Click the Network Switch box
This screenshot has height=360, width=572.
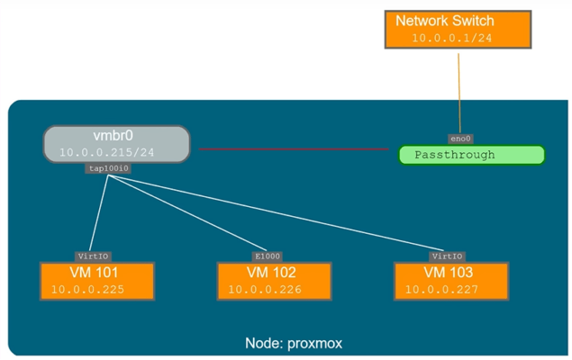[x=459, y=28]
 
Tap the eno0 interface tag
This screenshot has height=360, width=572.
[x=460, y=139]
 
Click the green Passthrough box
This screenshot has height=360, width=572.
[x=471, y=155]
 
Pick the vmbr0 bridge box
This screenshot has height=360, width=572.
[x=116, y=144]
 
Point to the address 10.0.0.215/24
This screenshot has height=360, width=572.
[x=107, y=153]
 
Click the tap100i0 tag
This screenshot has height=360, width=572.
[x=109, y=168]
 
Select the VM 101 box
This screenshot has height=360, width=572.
[x=95, y=281]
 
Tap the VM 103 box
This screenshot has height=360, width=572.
[x=449, y=281]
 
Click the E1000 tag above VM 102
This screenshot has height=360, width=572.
[x=261, y=256]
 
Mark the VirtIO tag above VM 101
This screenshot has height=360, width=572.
[x=94, y=256]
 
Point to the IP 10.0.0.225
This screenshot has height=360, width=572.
[x=87, y=290]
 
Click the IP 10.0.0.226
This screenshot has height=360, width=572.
[x=264, y=290]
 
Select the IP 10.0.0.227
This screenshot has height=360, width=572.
[x=441, y=290]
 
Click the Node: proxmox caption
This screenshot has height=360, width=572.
[x=294, y=344]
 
